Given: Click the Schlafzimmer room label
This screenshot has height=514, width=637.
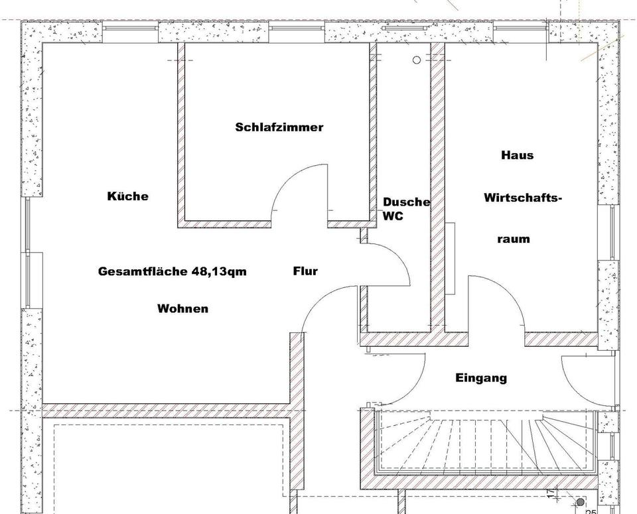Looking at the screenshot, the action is click(279, 127).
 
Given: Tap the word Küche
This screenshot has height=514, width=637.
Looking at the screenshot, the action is click(128, 196).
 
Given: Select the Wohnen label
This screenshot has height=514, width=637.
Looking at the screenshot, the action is click(182, 308).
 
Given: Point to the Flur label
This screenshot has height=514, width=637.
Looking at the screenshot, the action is click(305, 271).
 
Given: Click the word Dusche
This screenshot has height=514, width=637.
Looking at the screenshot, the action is click(406, 202).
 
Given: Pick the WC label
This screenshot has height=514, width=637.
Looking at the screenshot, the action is click(392, 216).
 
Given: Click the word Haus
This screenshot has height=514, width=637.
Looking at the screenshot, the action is click(518, 155).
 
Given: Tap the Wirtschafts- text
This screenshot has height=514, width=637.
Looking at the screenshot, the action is click(523, 198).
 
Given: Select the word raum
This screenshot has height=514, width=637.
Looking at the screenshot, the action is click(514, 239).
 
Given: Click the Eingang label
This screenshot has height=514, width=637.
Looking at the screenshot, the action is click(481, 378).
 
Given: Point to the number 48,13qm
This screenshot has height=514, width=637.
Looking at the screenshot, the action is click(219, 271).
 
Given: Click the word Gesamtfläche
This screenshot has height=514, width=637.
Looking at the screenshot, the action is click(143, 271).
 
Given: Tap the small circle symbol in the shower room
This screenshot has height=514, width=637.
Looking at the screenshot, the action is click(417, 60).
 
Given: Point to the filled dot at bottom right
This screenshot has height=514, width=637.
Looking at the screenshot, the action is click(580, 503).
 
